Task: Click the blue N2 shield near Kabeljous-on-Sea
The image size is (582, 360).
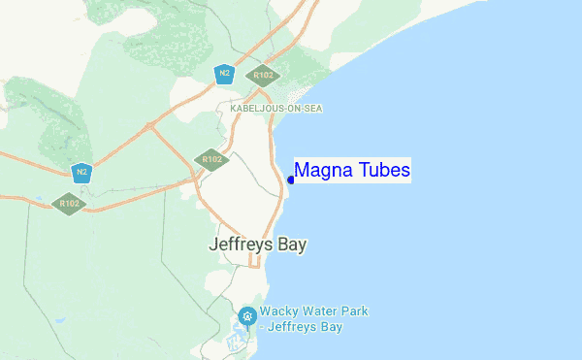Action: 224,74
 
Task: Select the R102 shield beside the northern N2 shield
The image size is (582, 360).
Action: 263,75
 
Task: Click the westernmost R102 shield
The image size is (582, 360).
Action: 69,203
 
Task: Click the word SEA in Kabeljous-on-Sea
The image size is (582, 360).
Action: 311,109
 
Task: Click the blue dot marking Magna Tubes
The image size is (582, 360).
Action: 291,180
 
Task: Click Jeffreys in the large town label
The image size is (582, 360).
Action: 242,245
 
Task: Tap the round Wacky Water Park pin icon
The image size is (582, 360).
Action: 247,316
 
